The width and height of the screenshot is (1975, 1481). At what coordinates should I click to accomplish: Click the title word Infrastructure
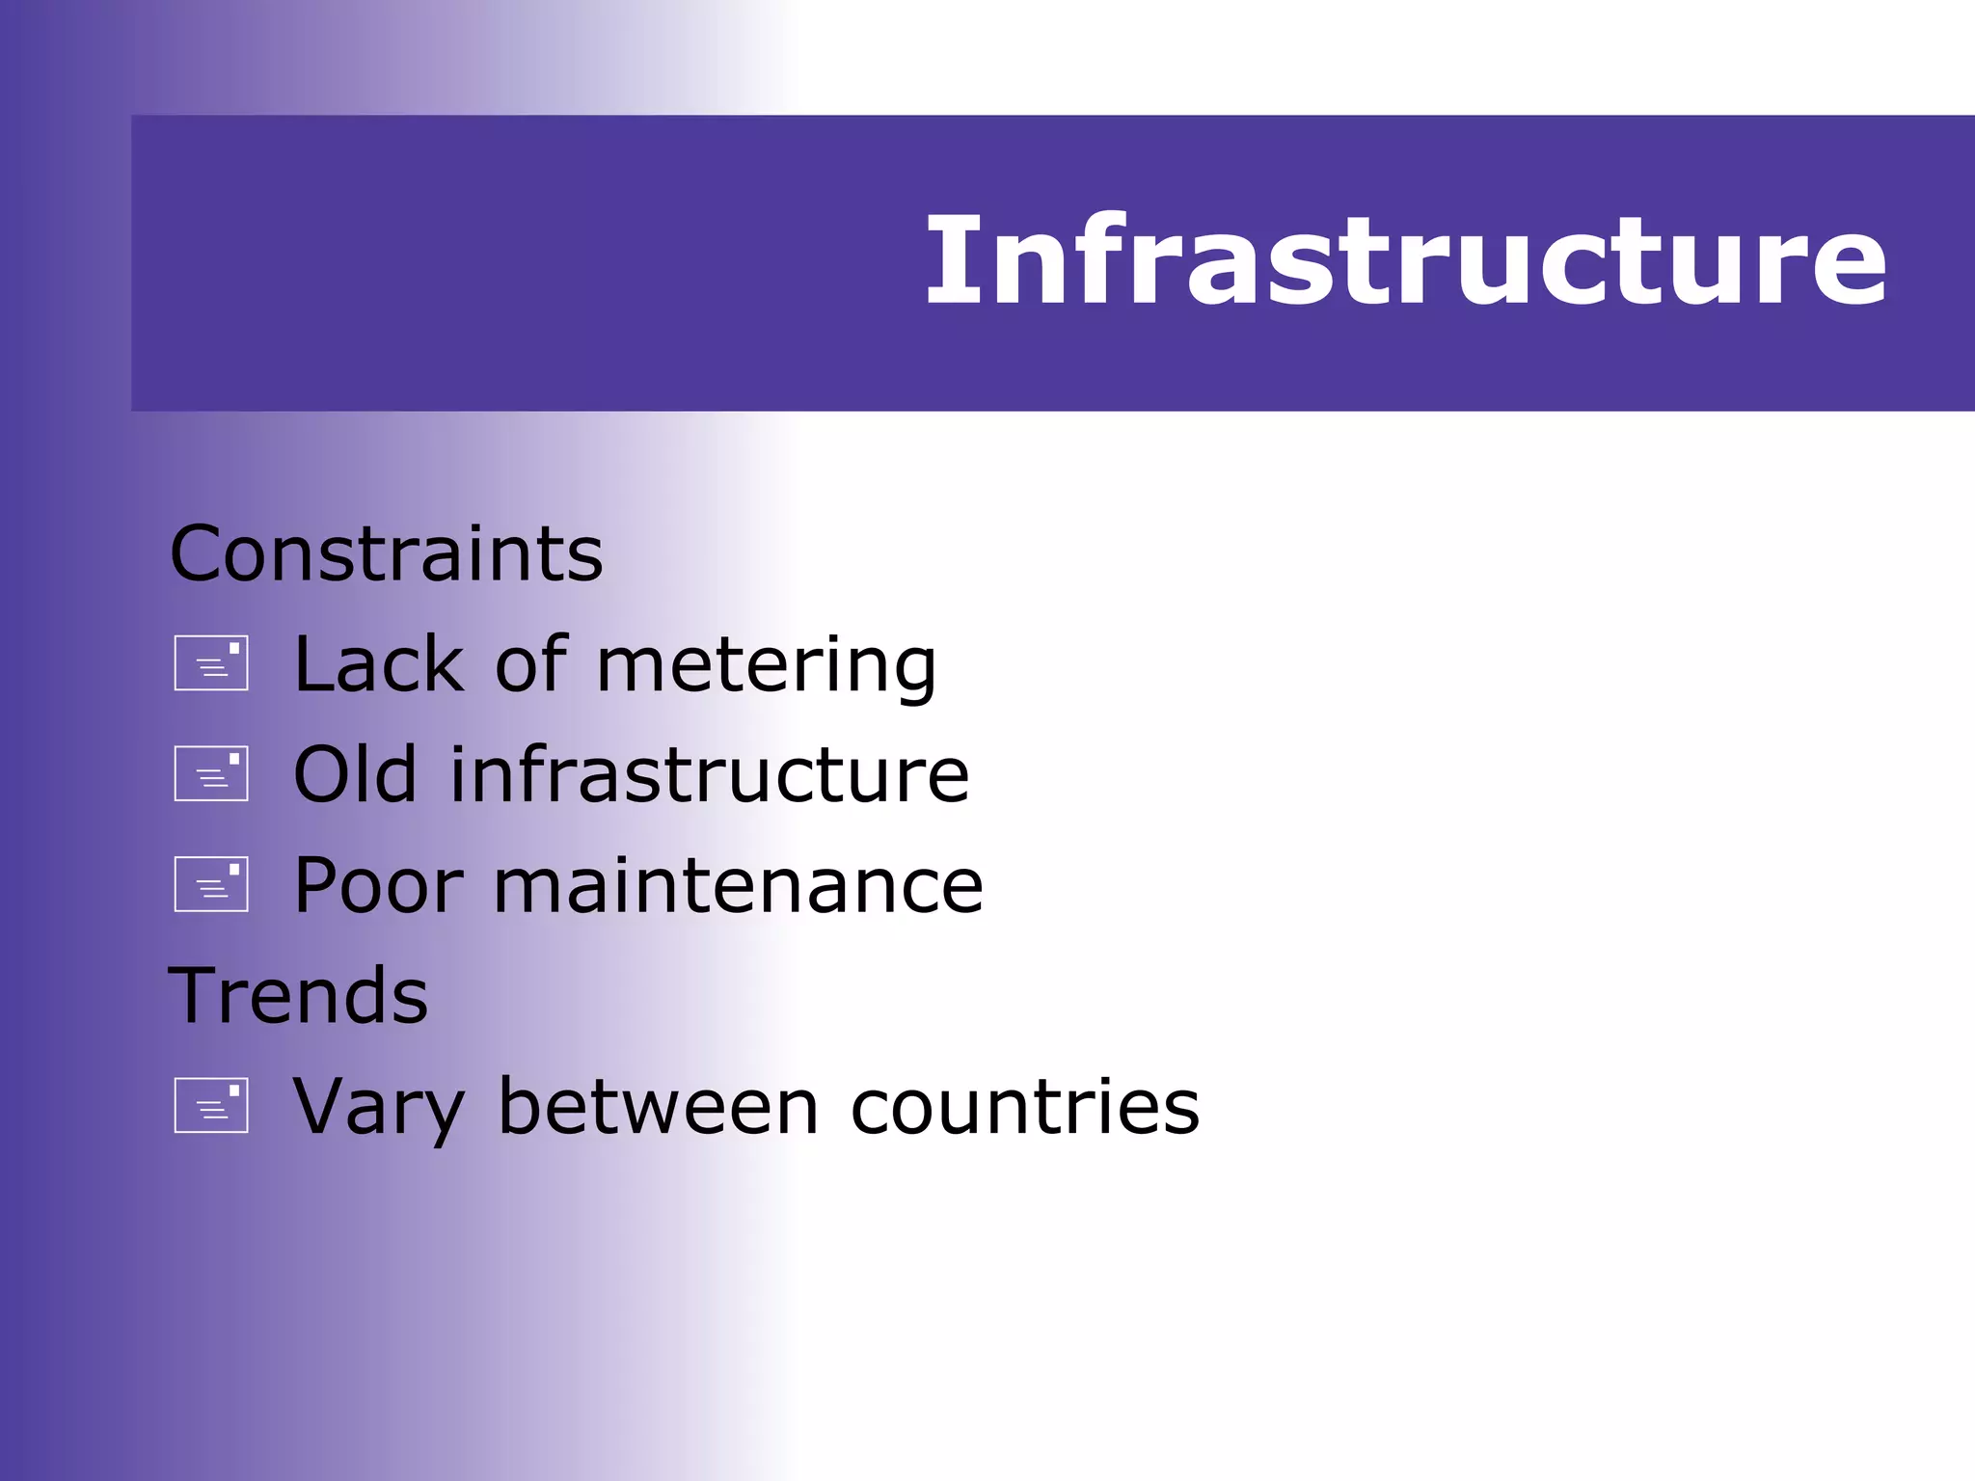tap(1405, 260)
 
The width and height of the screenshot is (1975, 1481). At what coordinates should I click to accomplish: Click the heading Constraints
tap(386, 554)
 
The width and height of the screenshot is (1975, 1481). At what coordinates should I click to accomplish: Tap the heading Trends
tap(298, 996)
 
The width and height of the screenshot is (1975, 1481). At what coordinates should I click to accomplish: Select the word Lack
tap(379, 664)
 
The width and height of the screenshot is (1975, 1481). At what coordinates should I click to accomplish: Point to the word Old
tap(355, 774)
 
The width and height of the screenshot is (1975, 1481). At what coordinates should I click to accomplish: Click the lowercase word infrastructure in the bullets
tap(709, 774)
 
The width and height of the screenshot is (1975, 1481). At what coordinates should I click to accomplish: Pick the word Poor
tap(379, 885)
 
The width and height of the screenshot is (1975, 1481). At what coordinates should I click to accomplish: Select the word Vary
tap(379, 1108)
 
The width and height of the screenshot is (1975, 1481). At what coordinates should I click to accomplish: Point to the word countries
tap(1025, 1106)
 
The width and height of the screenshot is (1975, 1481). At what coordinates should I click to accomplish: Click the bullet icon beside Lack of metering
tap(211, 663)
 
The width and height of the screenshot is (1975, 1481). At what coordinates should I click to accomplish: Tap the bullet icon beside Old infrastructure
tap(211, 773)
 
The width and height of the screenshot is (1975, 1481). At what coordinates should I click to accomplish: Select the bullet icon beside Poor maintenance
tap(211, 884)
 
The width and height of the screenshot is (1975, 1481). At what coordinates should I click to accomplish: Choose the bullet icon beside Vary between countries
tap(211, 1105)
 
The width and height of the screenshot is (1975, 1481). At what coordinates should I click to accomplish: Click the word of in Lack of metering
tap(530, 664)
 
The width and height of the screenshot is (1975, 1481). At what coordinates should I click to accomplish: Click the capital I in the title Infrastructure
tap(943, 260)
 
